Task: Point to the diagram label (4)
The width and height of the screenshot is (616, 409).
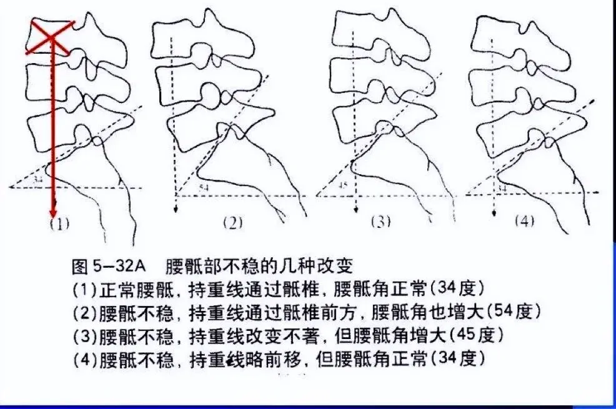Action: (524, 221)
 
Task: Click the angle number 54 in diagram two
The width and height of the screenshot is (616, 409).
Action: (204, 187)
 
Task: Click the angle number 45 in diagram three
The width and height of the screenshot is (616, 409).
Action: (341, 184)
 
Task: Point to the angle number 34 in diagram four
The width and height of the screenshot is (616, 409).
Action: (501, 187)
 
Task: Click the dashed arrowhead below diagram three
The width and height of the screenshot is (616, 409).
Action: (355, 211)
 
